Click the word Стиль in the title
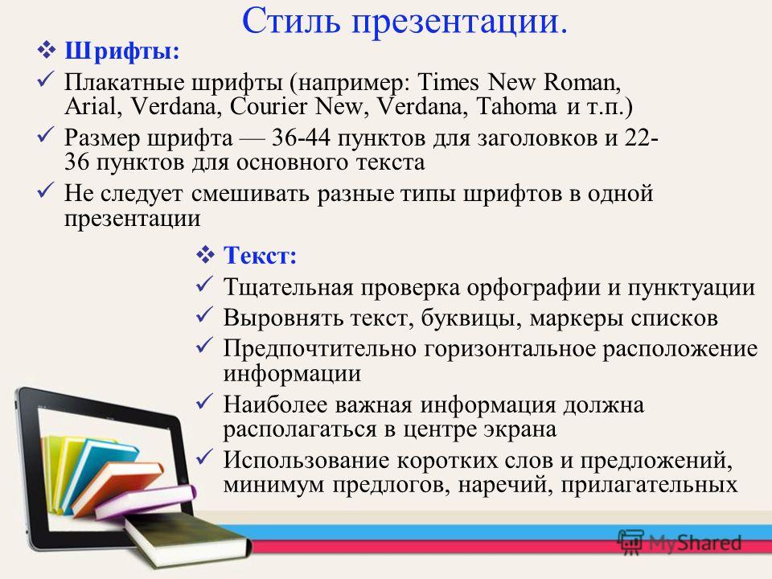pyautogui.click(x=291, y=21)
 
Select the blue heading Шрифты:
pyautogui.click(x=122, y=51)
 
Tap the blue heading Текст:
pyautogui.click(x=260, y=256)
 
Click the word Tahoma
pyautogui.click(x=516, y=106)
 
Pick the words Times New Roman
pyautogui.click(x=519, y=82)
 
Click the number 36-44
pyautogui.click(x=301, y=138)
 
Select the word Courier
pyautogui.click(x=269, y=106)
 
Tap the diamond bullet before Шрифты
pyautogui.click(x=47, y=51)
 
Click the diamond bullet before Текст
pyautogui.click(x=205, y=255)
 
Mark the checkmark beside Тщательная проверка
pyautogui.click(x=204, y=284)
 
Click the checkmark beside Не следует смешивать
pyautogui.click(x=46, y=190)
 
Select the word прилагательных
pyautogui.click(x=649, y=485)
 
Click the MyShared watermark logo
pyautogui.click(x=680, y=543)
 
